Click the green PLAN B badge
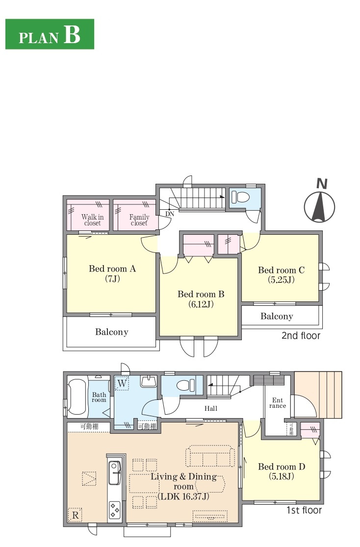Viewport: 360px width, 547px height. (x=50, y=34)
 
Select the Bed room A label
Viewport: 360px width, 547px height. (x=112, y=273)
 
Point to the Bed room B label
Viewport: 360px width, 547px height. (x=201, y=299)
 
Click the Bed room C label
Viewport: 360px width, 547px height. (x=281, y=275)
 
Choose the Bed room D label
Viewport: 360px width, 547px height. (x=282, y=472)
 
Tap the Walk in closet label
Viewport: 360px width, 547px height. (x=93, y=220)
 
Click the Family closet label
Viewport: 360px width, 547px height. (x=139, y=220)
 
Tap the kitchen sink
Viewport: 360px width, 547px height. (x=115, y=472)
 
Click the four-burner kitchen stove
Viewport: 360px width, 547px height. (x=115, y=509)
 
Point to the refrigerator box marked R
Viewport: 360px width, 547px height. (x=75, y=515)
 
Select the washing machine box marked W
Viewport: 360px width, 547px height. (x=122, y=384)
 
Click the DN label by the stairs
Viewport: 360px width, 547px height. (x=169, y=214)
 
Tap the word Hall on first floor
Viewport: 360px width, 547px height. (x=211, y=408)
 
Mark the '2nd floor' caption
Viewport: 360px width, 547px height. (x=301, y=336)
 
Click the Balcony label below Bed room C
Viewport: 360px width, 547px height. (x=277, y=317)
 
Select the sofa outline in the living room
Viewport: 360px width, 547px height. (x=209, y=456)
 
